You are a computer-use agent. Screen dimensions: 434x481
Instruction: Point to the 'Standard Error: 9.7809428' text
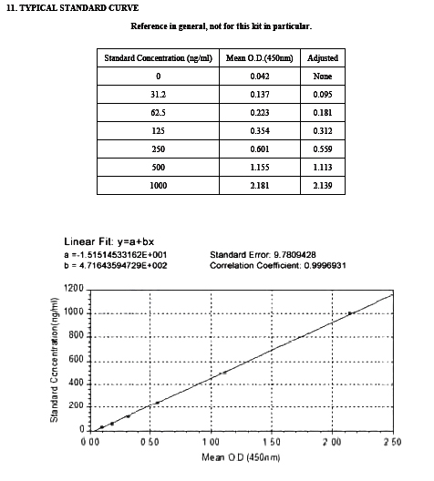265,254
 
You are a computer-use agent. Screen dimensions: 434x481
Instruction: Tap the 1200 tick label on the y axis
75,290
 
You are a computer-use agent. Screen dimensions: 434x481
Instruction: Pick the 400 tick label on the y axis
77,384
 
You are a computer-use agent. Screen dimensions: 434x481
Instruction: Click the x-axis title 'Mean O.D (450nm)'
241,455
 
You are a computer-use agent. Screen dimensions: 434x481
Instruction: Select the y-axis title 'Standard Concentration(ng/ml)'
54,363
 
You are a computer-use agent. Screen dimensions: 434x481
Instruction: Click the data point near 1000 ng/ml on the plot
350,313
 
